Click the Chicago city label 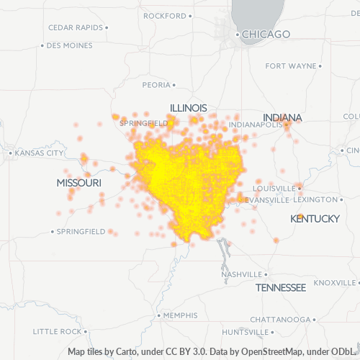coord(266,34)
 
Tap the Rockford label coord(165,15)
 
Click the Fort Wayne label coord(290,66)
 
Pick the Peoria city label coord(156,84)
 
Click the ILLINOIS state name coord(188,108)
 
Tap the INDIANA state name coord(282,117)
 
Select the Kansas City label coord(39,153)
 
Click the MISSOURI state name coord(78,184)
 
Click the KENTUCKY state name coord(315,218)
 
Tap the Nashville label coord(241,274)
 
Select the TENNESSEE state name coord(280,287)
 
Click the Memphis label coord(180,315)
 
